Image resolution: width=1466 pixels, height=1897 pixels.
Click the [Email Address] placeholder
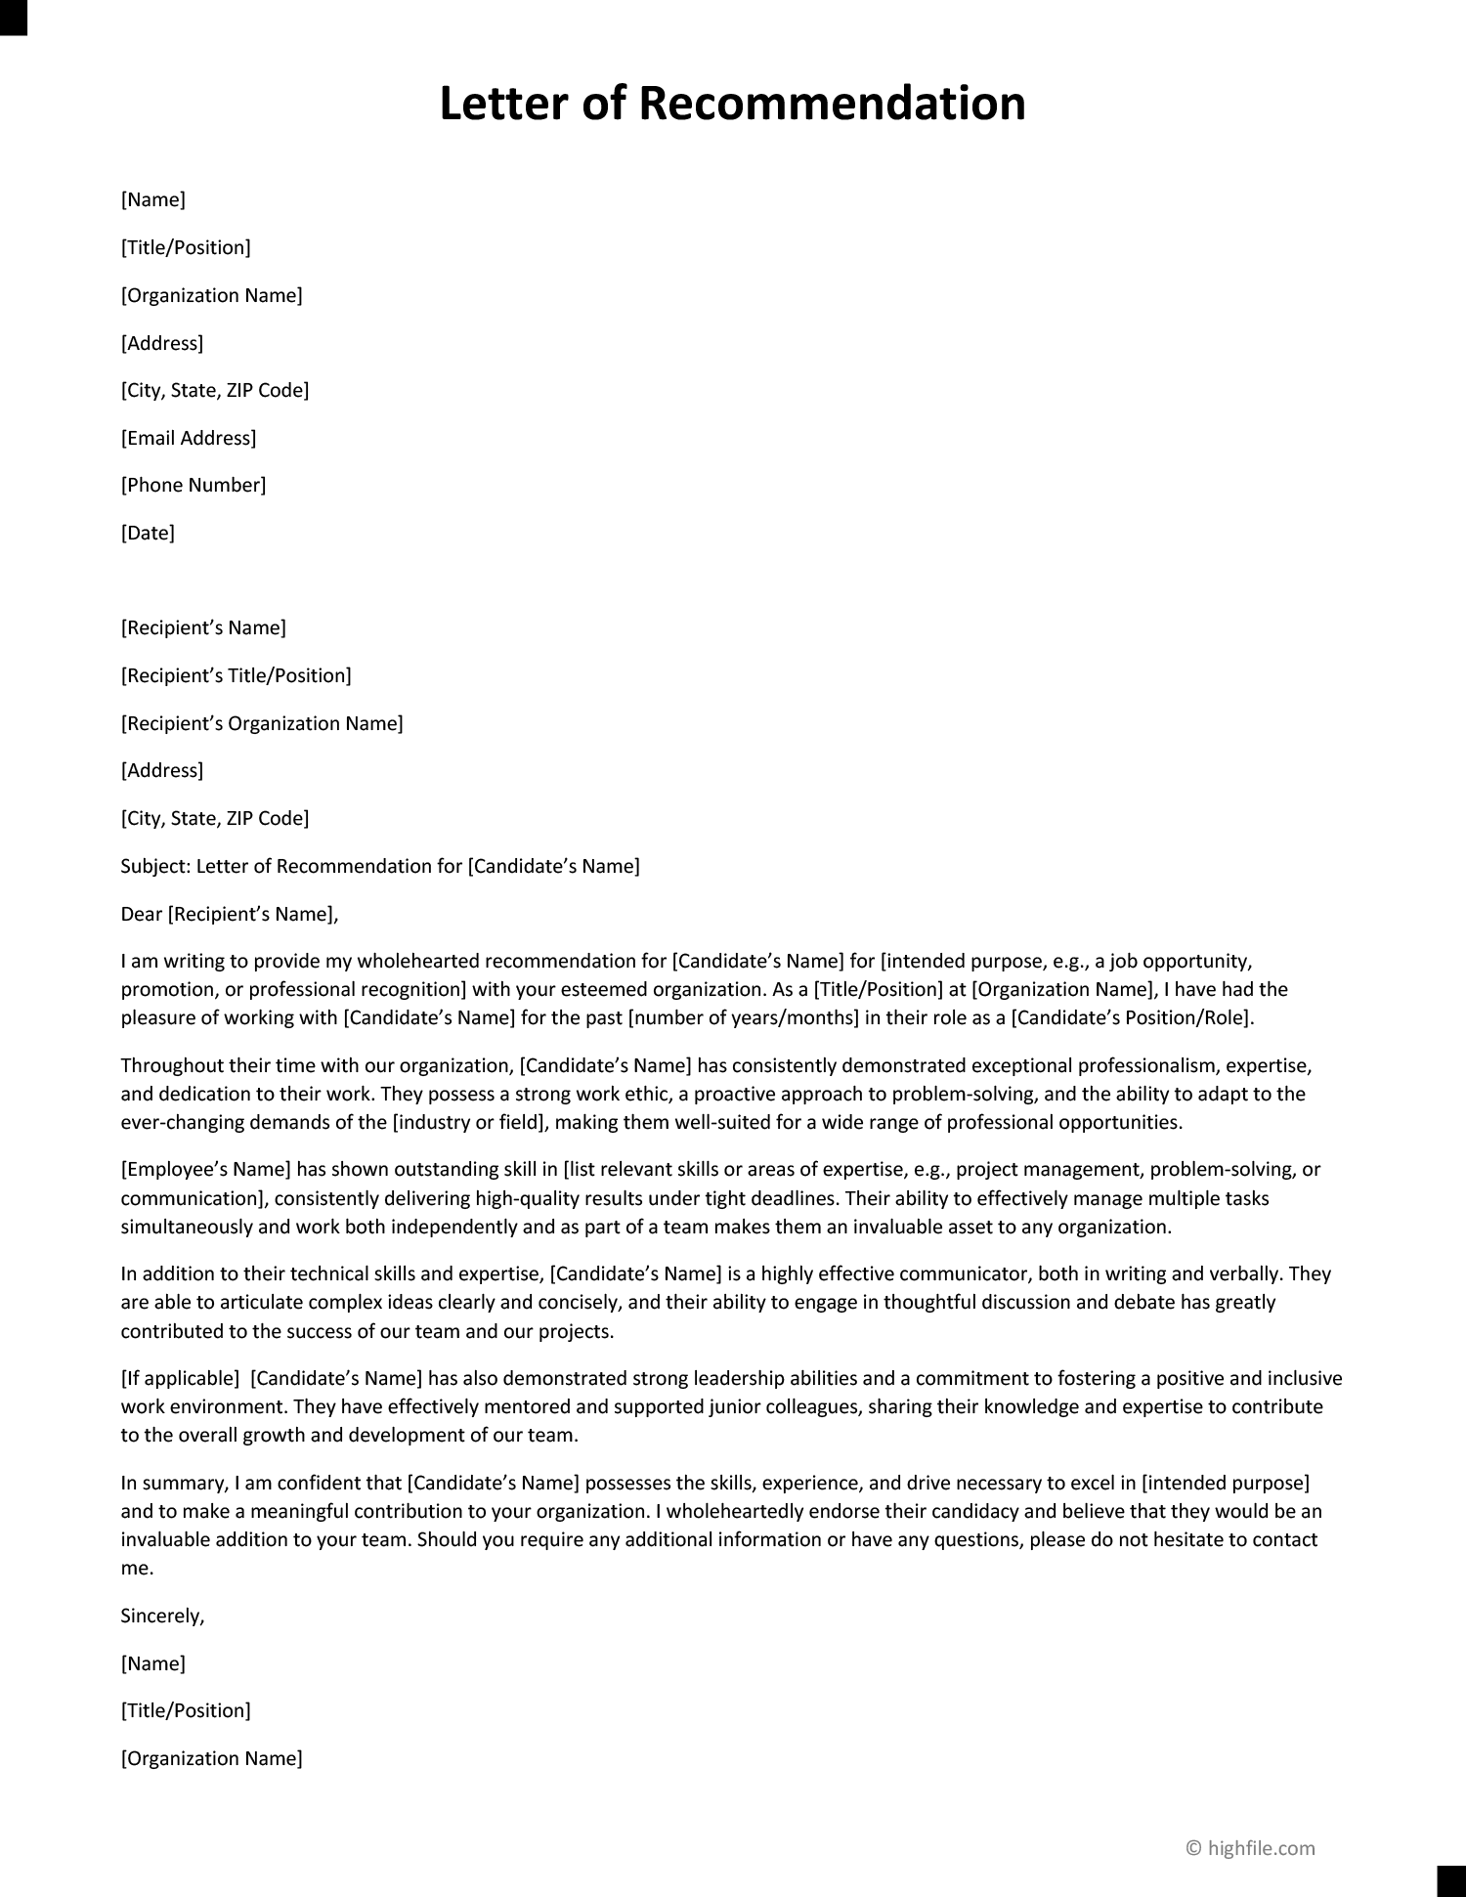pos(189,438)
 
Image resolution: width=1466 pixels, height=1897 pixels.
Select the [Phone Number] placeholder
pos(194,486)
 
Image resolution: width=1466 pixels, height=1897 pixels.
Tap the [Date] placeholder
pos(148,534)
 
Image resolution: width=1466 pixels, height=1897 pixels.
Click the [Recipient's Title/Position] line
pos(236,676)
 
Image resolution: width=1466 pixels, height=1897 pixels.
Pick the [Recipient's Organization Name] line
pos(262,724)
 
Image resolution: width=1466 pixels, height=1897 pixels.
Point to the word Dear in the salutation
pos(142,915)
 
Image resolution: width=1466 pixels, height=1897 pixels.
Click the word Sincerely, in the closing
pos(162,1617)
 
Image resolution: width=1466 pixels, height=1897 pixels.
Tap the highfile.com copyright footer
pos(1250,1848)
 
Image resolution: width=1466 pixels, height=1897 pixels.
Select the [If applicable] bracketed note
pos(180,1379)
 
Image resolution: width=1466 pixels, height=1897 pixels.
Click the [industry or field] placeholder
pos(466,1122)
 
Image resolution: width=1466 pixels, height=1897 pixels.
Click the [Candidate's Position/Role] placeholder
pos(1131,1017)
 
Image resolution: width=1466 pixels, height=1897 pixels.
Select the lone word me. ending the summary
pos(137,1569)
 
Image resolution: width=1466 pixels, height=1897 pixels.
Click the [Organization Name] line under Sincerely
pos(211,1759)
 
